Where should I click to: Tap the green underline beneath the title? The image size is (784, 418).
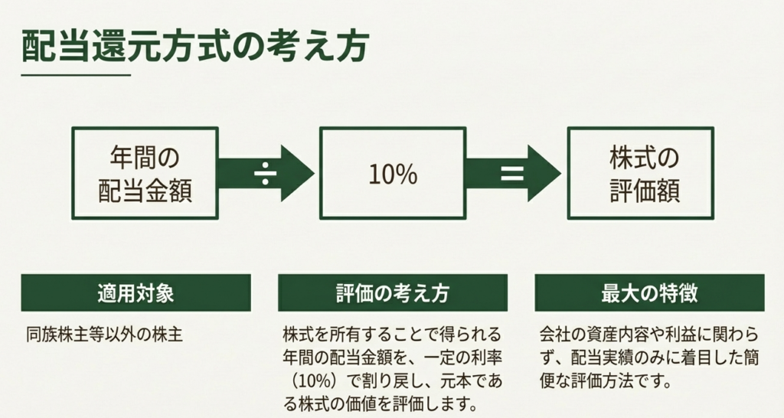tap(76, 75)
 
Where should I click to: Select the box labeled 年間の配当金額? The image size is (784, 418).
tap(145, 173)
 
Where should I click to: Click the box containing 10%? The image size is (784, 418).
tap(392, 173)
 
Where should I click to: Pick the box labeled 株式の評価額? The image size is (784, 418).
tap(640, 173)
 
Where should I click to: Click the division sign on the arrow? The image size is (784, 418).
tap(266, 174)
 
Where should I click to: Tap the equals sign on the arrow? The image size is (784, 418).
tap(511, 174)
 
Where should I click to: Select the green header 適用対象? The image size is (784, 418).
tap(136, 293)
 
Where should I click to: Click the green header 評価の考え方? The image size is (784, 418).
tap(392, 293)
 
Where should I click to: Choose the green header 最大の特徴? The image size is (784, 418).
tap(648, 293)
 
